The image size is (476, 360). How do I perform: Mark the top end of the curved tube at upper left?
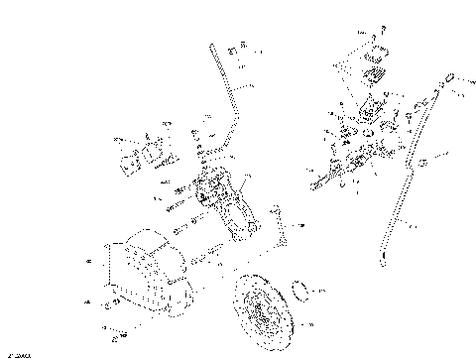click(x=214, y=46)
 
